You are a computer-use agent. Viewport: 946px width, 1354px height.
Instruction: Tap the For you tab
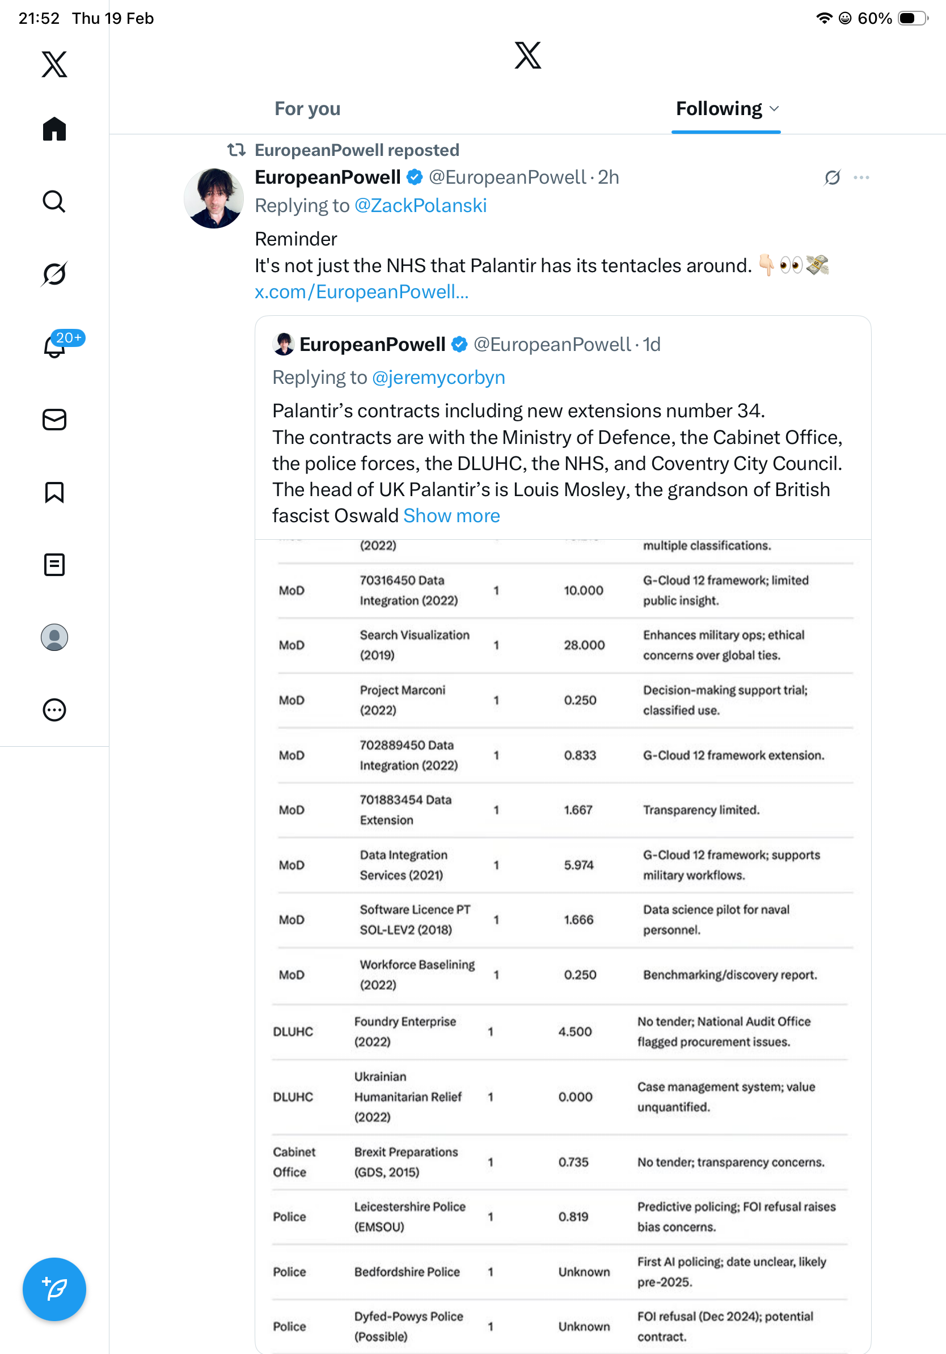point(307,109)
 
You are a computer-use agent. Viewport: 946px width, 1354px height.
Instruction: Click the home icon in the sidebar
point(54,129)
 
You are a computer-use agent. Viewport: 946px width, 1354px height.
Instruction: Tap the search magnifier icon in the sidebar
point(54,202)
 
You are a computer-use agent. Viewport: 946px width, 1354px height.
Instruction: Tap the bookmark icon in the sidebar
point(54,492)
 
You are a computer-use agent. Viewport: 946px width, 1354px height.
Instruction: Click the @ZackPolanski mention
point(420,206)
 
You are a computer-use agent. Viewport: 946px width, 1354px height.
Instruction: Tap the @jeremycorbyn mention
point(439,378)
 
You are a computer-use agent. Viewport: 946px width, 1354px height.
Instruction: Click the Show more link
point(452,516)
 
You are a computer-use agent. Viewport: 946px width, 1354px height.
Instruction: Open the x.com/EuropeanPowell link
point(361,292)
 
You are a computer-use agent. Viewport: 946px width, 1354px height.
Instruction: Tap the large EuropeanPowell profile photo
point(213,198)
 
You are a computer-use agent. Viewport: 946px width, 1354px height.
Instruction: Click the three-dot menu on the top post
point(861,177)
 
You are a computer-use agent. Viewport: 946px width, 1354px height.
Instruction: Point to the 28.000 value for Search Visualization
point(584,645)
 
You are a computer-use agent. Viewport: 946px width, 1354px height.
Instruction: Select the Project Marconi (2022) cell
point(403,700)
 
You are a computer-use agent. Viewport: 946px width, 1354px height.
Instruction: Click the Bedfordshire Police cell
point(407,1272)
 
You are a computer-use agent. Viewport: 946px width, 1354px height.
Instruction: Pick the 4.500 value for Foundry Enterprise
point(575,1031)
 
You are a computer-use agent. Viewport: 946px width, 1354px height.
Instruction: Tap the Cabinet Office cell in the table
point(294,1162)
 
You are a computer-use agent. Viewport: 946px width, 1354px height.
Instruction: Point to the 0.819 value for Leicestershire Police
point(573,1217)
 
